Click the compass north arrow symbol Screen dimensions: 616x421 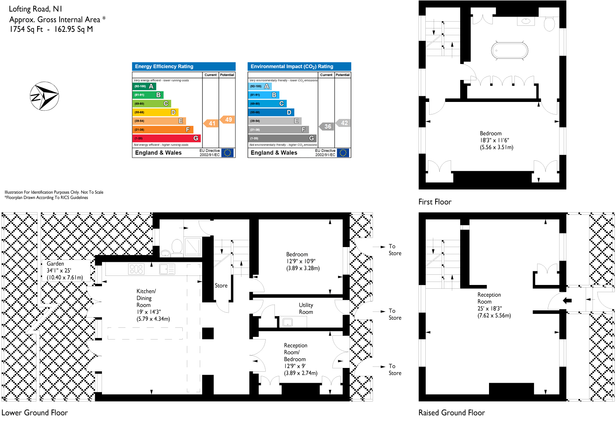click(x=44, y=96)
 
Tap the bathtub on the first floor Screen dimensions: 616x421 click(x=509, y=50)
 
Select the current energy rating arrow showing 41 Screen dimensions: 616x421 click(x=211, y=123)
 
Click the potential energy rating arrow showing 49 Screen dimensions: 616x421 click(x=227, y=119)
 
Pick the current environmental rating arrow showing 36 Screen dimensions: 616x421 click(x=327, y=127)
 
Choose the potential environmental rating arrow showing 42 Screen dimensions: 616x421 click(x=343, y=123)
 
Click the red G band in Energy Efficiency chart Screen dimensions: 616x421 click(x=166, y=138)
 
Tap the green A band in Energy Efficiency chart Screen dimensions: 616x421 click(x=144, y=86)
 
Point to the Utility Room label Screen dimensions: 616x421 click(x=306, y=308)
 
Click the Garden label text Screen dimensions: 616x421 click(x=55, y=264)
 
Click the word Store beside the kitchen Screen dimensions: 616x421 click(x=221, y=286)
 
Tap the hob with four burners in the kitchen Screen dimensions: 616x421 click(x=136, y=269)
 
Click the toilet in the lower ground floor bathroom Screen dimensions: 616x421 click(x=177, y=246)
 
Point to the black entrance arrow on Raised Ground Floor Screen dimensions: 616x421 click(x=567, y=300)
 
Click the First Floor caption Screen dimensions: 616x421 click(x=435, y=202)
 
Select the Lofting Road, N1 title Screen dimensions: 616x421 click(x=36, y=9)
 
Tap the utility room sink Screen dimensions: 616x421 click(x=288, y=322)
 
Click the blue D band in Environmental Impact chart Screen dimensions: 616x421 click(x=271, y=113)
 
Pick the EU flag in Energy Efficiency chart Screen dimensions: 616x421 click(x=227, y=153)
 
